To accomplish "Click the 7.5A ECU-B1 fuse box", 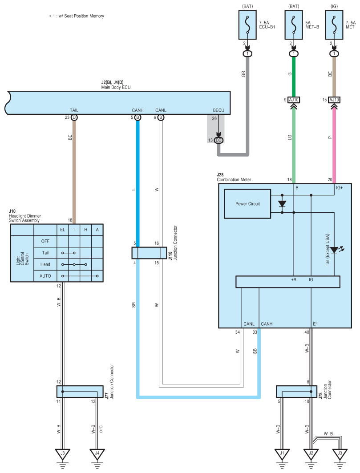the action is point(247,25).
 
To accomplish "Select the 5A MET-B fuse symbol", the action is point(294,25).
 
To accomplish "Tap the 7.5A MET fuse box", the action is point(334,25).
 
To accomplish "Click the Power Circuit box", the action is point(247,204).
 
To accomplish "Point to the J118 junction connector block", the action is point(149,253).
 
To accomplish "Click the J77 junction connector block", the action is point(80,392).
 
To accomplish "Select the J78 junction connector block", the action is point(296,392).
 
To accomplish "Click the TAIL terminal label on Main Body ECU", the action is point(74,110).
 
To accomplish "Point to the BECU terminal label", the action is point(218,110).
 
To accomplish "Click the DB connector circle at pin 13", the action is point(218,140).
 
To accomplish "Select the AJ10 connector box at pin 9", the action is point(294,100).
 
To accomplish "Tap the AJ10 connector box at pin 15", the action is point(334,100).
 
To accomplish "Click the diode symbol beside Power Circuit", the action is point(282,204).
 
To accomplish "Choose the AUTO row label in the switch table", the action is point(45,276).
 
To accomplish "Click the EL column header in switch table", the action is point(62,230).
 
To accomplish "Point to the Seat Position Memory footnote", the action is point(77,16).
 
